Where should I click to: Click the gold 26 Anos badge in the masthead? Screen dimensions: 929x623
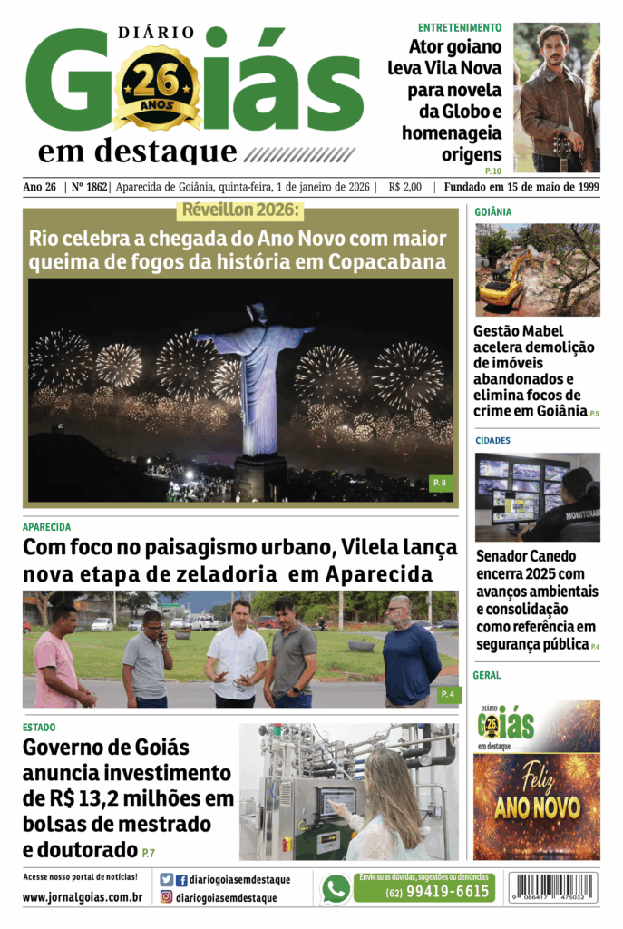(x=156, y=89)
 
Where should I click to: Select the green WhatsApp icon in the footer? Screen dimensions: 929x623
(x=336, y=889)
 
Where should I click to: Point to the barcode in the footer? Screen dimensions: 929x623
(x=553, y=886)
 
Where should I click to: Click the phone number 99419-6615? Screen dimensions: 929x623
(x=436, y=892)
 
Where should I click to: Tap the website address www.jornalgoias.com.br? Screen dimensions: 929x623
(x=82, y=897)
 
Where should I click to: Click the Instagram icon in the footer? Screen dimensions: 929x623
(x=167, y=897)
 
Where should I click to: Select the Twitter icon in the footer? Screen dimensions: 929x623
(x=167, y=879)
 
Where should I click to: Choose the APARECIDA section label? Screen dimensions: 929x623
(x=46, y=527)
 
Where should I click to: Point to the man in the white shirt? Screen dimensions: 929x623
(x=236, y=655)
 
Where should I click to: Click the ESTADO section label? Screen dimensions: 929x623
(x=39, y=728)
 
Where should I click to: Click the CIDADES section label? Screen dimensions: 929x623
(x=492, y=441)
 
